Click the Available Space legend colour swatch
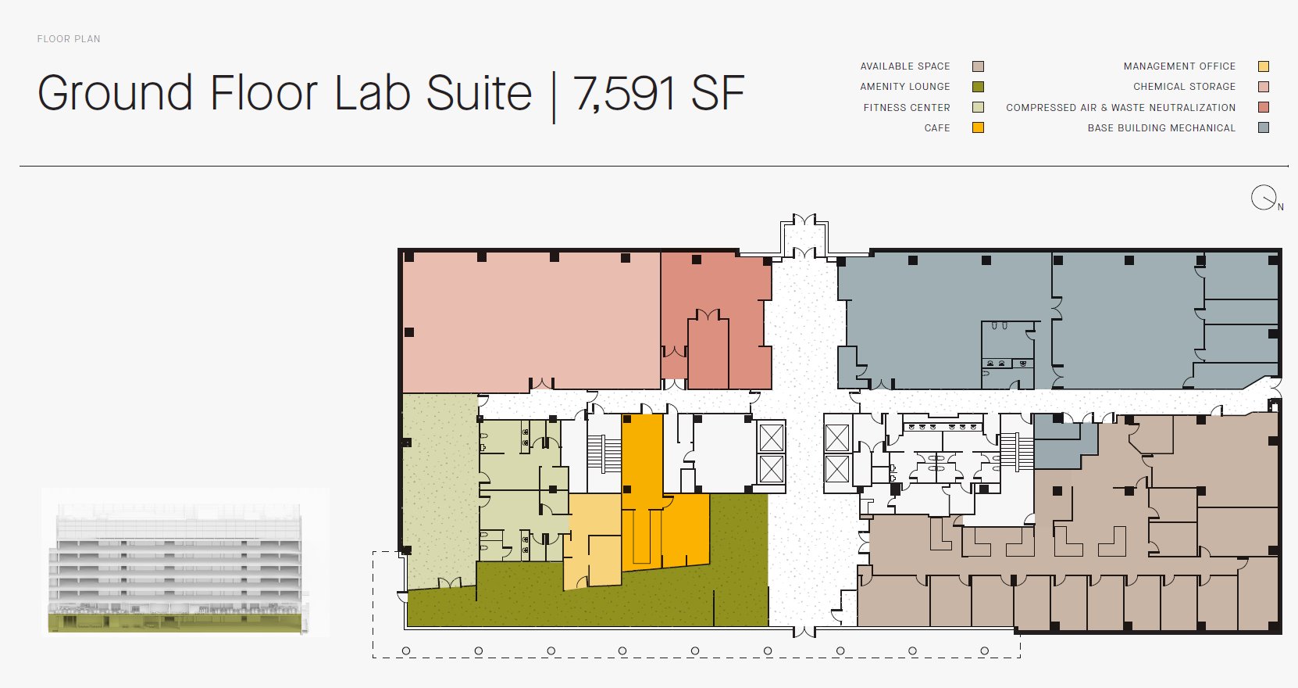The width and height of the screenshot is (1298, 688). (978, 66)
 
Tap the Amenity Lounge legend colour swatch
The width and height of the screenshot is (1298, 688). (978, 87)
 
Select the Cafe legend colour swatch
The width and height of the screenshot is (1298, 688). (978, 127)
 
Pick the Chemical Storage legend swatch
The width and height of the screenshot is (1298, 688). (1264, 87)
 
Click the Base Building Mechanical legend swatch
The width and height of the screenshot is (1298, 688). (1264, 127)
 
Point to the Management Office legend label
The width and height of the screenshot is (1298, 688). (1179, 66)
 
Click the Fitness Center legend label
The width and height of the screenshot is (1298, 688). (907, 107)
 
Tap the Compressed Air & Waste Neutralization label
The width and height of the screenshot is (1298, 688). (1121, 107)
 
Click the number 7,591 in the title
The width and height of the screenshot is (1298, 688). (625, 93)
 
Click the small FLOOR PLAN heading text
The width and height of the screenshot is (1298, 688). (69, 39)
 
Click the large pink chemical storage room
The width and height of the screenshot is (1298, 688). (531, 321)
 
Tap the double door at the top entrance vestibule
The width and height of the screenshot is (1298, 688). (804, 220)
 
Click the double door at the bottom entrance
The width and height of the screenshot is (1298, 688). (804, 631)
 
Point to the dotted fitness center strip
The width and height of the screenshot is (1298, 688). (440, 490)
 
